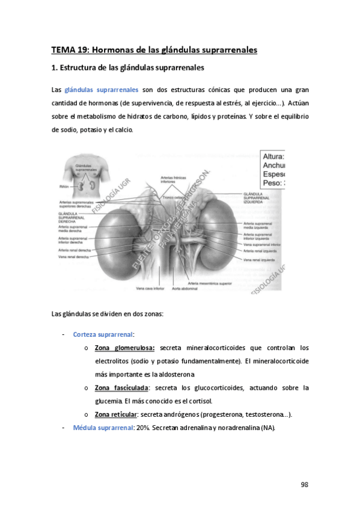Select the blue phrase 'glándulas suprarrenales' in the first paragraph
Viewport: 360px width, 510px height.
(x=101, y=90)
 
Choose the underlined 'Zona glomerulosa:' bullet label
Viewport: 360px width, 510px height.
(x=124, y=348)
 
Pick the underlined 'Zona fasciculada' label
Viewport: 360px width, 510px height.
(x=121, y=388)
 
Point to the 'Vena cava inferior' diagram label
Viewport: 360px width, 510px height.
(x=150, y=289)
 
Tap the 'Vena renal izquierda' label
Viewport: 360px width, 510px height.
(x=259, y=260)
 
